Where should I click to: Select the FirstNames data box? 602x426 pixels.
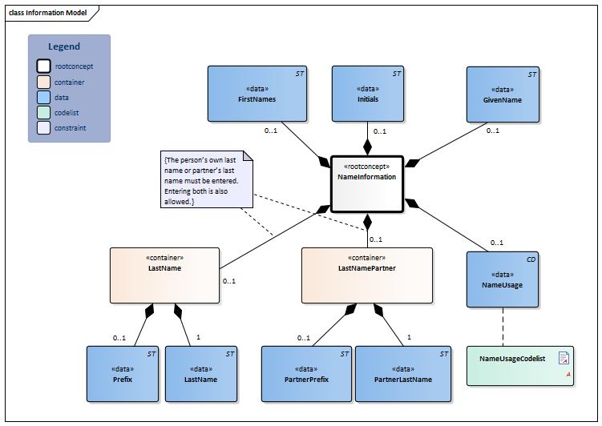pyautogui.click(x=257, y=94)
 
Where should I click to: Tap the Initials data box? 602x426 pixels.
pyautogui.click(x=368, y=94)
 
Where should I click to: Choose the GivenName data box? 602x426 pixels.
pyautogui.click(x=503, y=94)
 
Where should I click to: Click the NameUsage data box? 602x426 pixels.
pyautogui.click(x=503, y=279)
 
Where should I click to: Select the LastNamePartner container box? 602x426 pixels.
pyautogui.click(x=367, y=275)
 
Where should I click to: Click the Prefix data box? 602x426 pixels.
pyautogui.click(x=123, y=373)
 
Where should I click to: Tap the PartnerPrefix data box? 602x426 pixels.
pyautogui.click(x=306, y=373)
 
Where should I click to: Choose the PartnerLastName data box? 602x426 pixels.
pyautogui.click(x=403, y=373)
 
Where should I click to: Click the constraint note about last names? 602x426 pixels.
pyautogui.click(x=206, y=180)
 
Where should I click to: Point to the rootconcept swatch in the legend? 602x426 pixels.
pyautogui.click(x=43, y=66)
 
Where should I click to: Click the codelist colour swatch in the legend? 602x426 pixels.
pyautogui.click(x=43, y=113)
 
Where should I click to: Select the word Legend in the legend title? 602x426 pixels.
pyautogui.click(x=64, y=46)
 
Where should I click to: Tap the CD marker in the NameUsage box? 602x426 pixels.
pyautogui.click(x=531, y=259)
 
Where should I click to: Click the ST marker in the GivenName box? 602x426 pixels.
pyautogui.click(x=531, y=74)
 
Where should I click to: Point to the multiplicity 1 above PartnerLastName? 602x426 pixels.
pyautogui.click(x=409, y=337)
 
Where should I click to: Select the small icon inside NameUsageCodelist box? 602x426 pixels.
pyautogui.click(x=564, y=358)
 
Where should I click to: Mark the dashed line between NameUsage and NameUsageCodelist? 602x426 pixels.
pyautogui.click(x=503, y=327)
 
